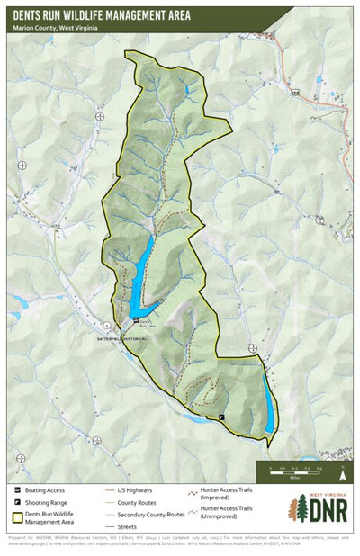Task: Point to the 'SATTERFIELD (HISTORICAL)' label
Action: pyautogui.click(x=122, y=337)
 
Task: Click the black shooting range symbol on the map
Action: pyautogui.click(x=222, y=417)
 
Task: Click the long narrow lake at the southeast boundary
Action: pyautogui.click(x=268, y=400)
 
